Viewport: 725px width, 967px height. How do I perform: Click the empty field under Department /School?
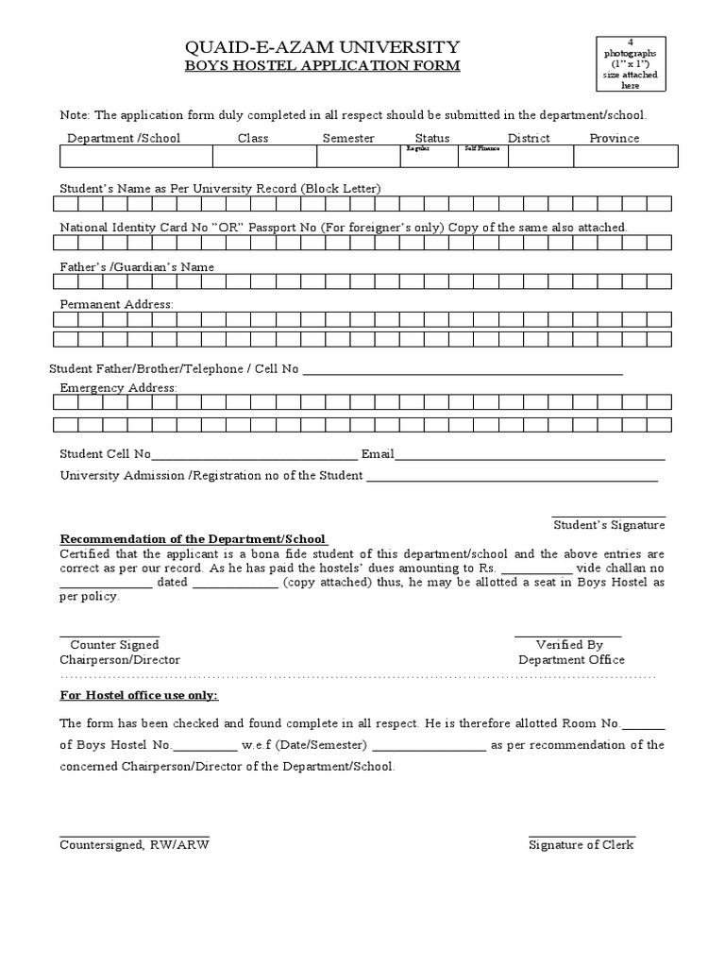pyautogui.click(x=132, y=156)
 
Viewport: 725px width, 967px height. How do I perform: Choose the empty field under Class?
pyautogui.click(x=253, y=156)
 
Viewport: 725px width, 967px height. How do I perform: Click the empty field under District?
pyautogui.click(x=540, y=156)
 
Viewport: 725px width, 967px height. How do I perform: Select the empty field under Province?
pyautogui.click(x=625, y=156)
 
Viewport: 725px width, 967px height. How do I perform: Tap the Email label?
pyautogui.click(x=378, y=453)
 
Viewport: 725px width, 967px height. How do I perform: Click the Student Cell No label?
pyautogui.click(x=105, y=453)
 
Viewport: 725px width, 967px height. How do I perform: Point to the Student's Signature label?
pyautogui.click(x=609, y=524)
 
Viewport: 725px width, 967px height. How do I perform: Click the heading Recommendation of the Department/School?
pyautogui.click(x=193, y=538)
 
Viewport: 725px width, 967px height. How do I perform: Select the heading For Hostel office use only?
pyautogui.click(x=139, y=695)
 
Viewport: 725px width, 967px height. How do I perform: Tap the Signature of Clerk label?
pyautogui.click(x=582, y=844)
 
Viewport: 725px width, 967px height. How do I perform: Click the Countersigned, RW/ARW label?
pyautogui.click(x=134, y=844)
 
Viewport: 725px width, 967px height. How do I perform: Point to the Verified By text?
pyautogui.click(x=569, y=645)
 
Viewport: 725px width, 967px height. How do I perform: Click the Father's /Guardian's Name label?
pyautogui.click(x=137, y=267)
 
